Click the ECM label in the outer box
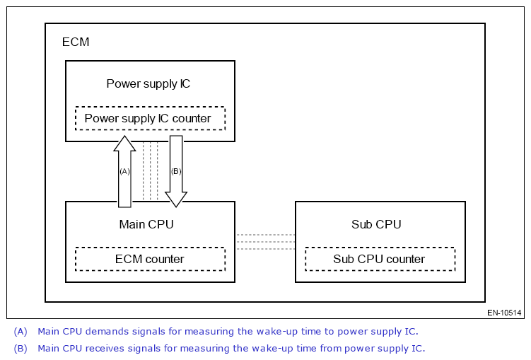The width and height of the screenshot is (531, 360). (x=76, y=42)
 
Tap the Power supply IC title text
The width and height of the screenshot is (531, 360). (x=148, y=83)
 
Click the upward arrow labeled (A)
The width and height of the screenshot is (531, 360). (x=124, y=171)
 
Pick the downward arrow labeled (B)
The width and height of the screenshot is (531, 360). (x=176, y=171)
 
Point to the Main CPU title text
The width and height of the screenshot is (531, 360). (x=146, y=224)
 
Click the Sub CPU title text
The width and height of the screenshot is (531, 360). (x=376, y=224)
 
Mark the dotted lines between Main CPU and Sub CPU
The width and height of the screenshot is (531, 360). (x=265, y=242)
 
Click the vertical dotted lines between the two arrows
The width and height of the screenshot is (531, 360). (x=151, y=171)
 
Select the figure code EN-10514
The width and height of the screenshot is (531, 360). (x=504, y=313)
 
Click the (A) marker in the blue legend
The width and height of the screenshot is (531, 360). (x=21, y=331)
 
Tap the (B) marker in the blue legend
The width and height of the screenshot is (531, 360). (x=21, y=348)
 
